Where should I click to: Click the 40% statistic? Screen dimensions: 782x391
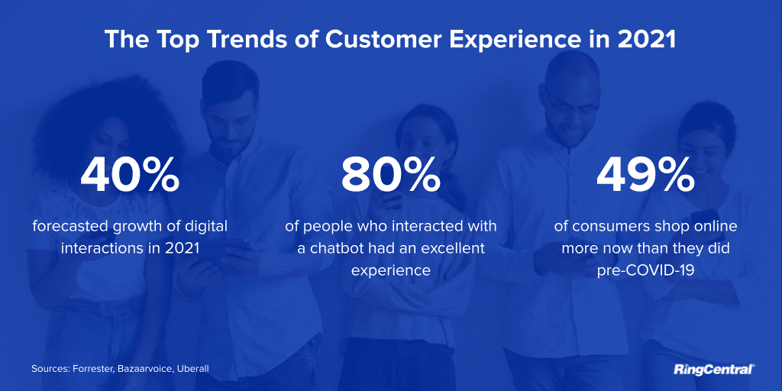click(x=130, y=176)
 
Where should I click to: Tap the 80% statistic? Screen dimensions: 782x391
click(x=391, y=176)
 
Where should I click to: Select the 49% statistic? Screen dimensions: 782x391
click(x=645, y=176)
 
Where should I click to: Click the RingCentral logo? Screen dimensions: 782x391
click(x=714, y=370)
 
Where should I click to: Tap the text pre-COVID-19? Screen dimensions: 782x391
click(x=645, y=270)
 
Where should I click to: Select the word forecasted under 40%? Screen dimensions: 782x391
click(x=69, y=227)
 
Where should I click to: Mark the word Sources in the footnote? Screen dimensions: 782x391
click(x=50, y=369)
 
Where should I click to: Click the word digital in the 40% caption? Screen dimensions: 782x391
click(x=205, y=227)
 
